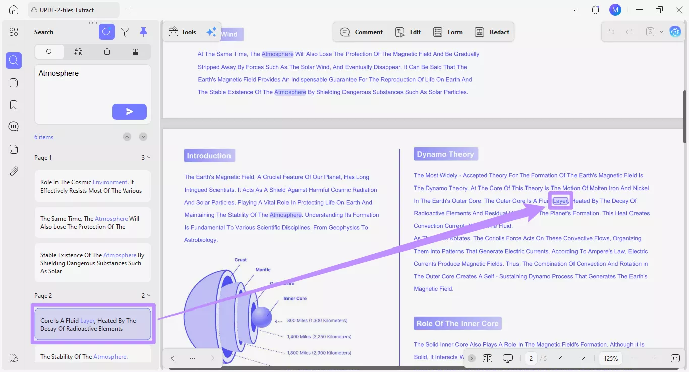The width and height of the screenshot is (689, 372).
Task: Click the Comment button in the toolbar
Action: tap(362, 32)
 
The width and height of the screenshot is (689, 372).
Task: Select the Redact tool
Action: tap(492, 32)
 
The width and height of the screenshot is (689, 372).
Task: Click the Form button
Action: tap(448, 32)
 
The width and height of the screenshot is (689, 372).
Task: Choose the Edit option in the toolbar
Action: tap(408, 32)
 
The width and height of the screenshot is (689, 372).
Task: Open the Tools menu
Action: tap(182, 32)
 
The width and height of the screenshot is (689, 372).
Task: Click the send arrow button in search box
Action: tap(130, 112)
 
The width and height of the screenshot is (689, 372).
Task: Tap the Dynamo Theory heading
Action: tap(445, 154)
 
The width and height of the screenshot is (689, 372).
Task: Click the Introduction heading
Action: tap(209, 156)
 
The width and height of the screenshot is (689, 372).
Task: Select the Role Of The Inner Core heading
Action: tap(457, 324)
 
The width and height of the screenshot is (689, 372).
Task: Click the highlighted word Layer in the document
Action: tap(560, 201)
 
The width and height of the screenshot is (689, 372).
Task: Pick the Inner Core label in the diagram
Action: tap(295, 298)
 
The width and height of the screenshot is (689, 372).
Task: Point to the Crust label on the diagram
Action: tap(241, 260)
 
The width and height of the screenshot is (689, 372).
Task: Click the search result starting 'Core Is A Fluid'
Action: tap(93, 324)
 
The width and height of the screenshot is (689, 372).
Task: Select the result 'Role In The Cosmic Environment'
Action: tap(93, 187)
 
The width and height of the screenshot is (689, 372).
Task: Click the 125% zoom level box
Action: tap(611, 358)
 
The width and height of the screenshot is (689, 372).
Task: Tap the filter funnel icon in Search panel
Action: tap(125, 32)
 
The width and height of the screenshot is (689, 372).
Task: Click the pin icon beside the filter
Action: tap(143, 32)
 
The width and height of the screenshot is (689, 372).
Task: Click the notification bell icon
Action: tap(596, 10)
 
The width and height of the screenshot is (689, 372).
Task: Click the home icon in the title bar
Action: tap(14, 10)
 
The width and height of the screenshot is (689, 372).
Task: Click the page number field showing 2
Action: tap(531, 358)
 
